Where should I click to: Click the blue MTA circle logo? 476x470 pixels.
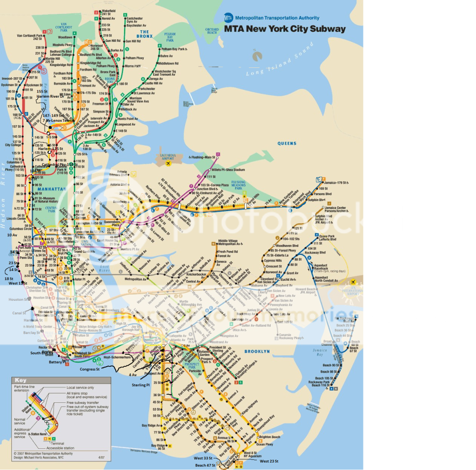(228, 18)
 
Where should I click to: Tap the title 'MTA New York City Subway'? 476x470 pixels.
(285, 29)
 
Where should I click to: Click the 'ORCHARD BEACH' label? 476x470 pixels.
(212, 31)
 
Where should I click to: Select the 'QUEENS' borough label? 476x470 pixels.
(287, 144)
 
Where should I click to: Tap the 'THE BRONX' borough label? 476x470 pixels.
(145, 33)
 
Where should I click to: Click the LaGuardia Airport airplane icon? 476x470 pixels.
(168, 163)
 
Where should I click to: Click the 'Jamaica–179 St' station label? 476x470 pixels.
(336, 182)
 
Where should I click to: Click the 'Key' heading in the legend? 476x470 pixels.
(21, 380)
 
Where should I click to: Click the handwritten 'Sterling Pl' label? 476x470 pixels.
(140, 385)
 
